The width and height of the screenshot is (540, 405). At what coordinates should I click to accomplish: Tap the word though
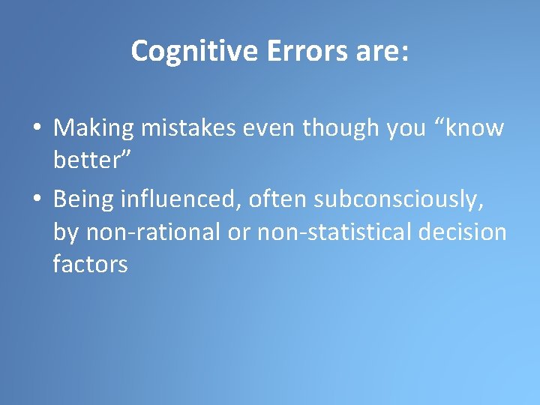(341, 129)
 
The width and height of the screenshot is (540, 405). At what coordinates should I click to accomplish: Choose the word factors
(90, 265)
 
